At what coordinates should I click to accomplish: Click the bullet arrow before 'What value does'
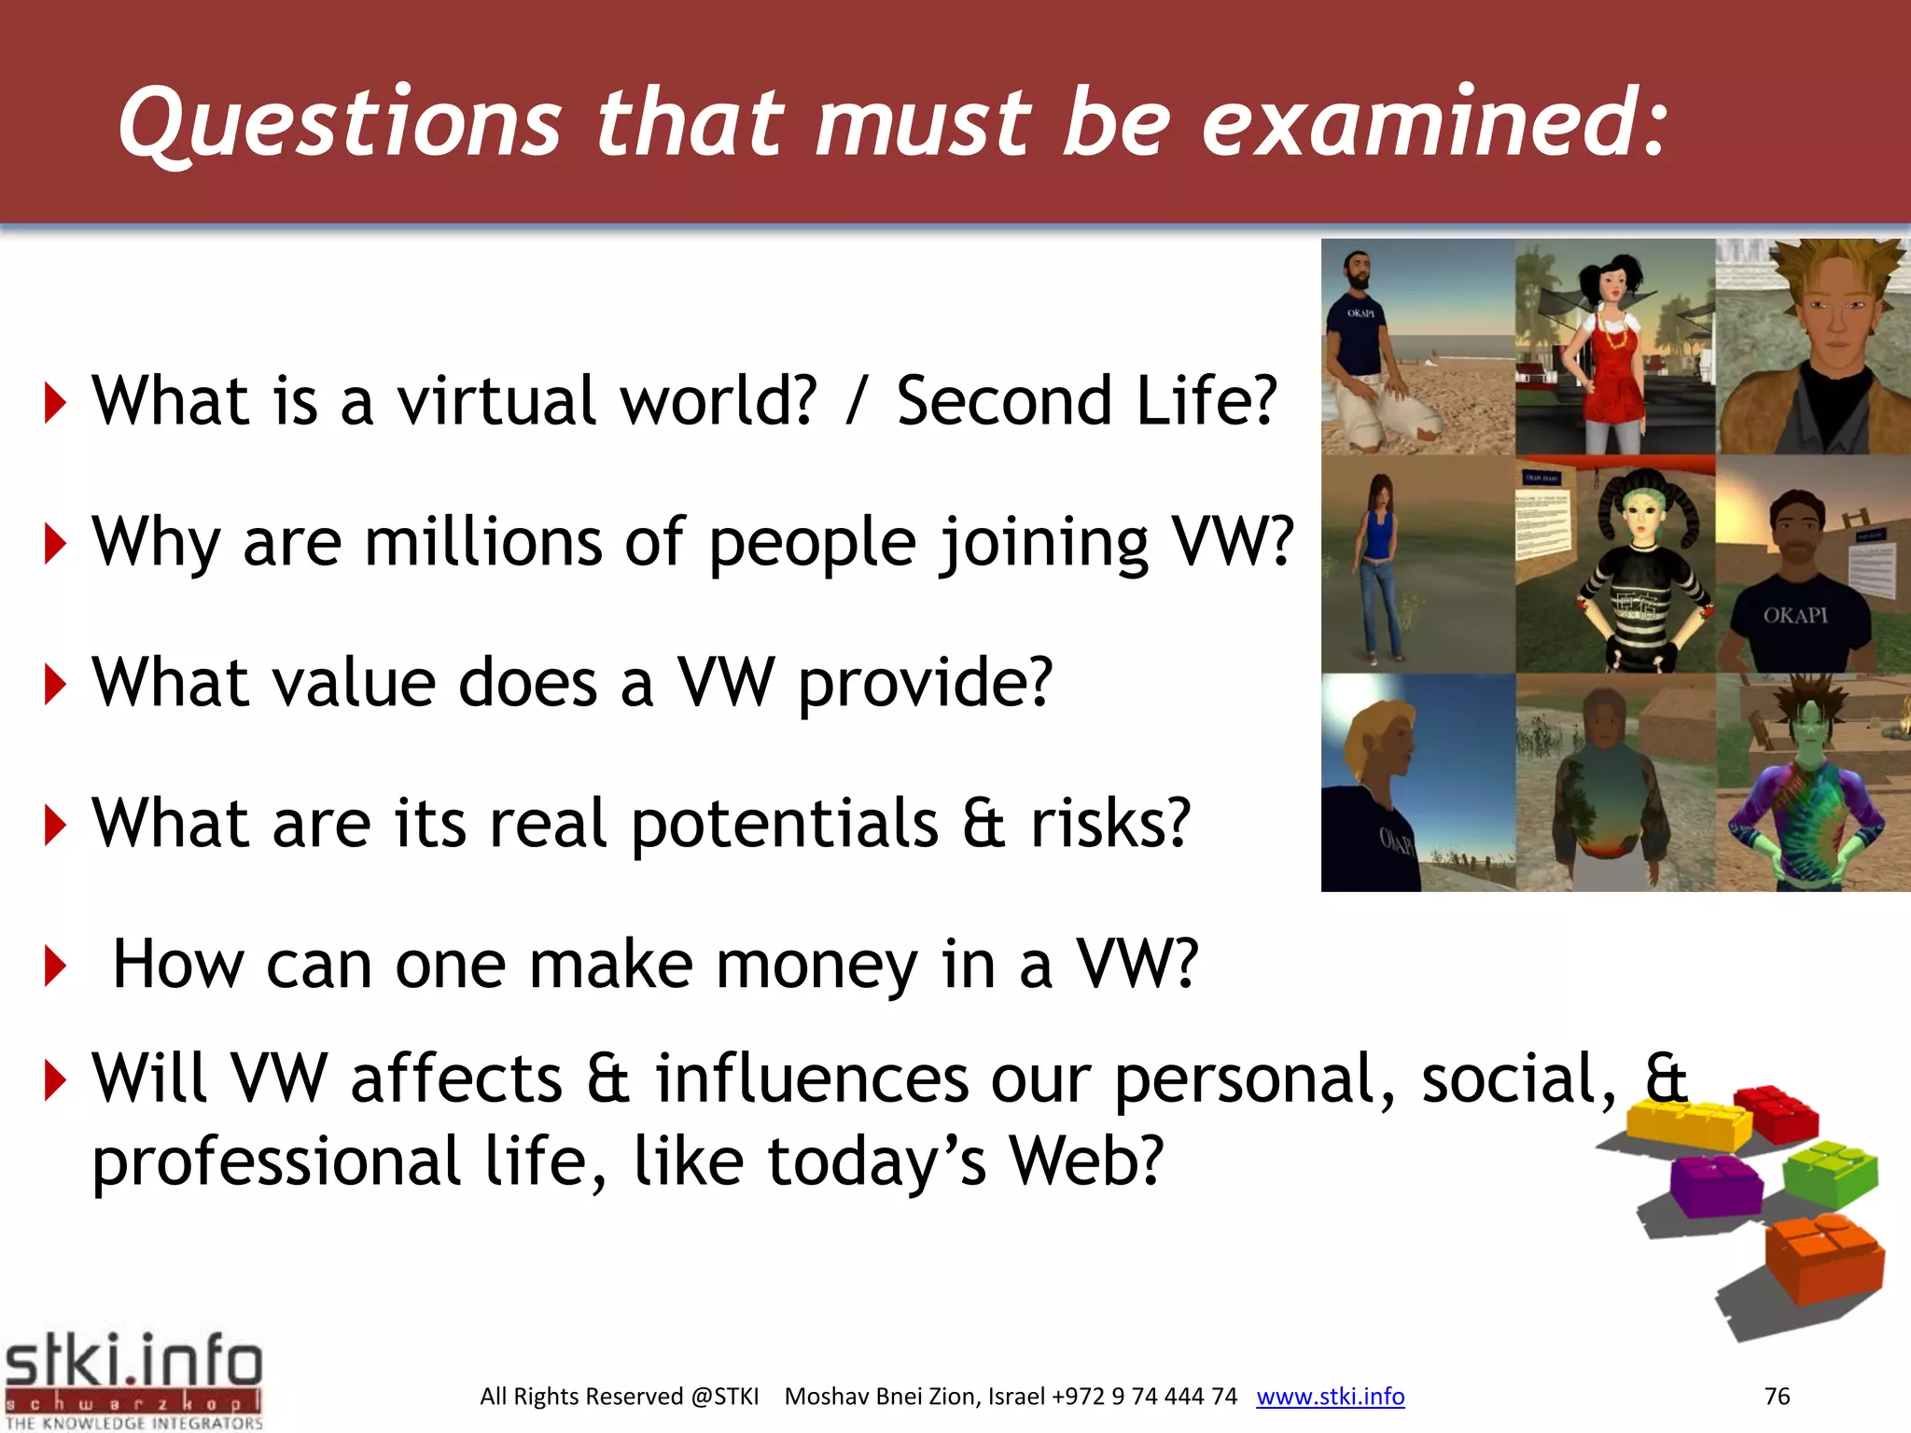[x=55, y=684]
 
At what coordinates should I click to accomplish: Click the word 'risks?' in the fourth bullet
[x=1110, y=824]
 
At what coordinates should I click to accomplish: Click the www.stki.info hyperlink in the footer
[x=1330, y=1397]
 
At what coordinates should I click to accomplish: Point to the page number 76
[x=1777, y=1397]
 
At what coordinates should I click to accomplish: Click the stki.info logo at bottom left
[x=133, y=1379]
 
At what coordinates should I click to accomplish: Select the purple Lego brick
[x=1715, y=1185]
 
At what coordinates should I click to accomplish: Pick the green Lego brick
[x=1831, y=1174]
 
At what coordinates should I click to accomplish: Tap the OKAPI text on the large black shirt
[x=1794, y=616]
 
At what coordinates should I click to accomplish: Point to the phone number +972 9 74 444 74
[x=1144, y=1397]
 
